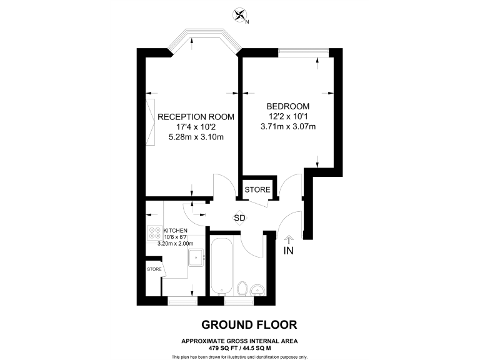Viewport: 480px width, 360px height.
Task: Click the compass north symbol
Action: pyautogui.click(x=239, y=16)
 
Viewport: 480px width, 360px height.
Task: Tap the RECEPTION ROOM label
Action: pyautogui.click(x=196, y=117)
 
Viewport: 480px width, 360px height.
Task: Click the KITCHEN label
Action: pyautogui.click(x=176, y=230)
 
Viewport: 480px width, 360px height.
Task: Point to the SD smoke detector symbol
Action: pyautogui.click(x=239, y=218)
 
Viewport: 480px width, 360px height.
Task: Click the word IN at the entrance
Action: pyautogui.click(x=289, y=251)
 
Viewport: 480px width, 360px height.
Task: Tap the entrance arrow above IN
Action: pyautogui.click(x=289, y=238)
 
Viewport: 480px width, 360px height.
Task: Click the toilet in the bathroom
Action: pyautogui.click(x=242, y=289)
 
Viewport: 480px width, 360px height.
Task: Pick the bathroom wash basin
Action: pyautogui.click(x=257, y=289)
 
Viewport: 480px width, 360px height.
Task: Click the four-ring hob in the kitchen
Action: pyautogui.click(x=154, y=232)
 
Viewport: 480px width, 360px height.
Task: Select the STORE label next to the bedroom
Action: pyautogui.click(x=257, y=189)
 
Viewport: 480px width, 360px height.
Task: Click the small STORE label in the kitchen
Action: pyautogui.click(x=154, y=269)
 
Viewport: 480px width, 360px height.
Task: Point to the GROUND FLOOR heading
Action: pyautogui.click(x=249, y=324)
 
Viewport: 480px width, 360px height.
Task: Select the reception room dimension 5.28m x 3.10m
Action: pyautogui.click(x=196, y=137)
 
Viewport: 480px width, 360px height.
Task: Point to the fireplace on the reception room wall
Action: pyautogui.click(x=151, y=122)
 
